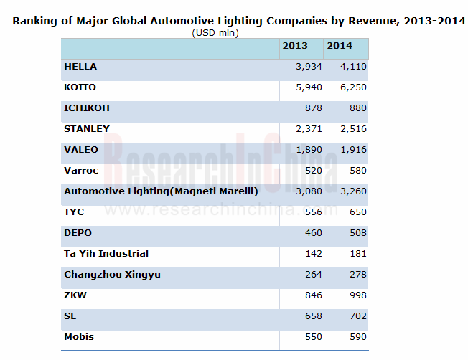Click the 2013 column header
[295, 46]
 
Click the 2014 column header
[340, 46]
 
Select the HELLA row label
[80, 67]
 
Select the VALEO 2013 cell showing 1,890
[308, 150]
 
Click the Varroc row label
[81, 171]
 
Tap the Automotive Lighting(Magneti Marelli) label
[161, 191]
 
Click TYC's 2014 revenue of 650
[357, 212]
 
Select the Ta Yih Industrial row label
[106, 254]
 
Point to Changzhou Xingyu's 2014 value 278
[357, 275]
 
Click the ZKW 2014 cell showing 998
[357, 295]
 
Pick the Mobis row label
[79, 337]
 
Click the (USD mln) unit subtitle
[215, 32]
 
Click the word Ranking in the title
[36, 22]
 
